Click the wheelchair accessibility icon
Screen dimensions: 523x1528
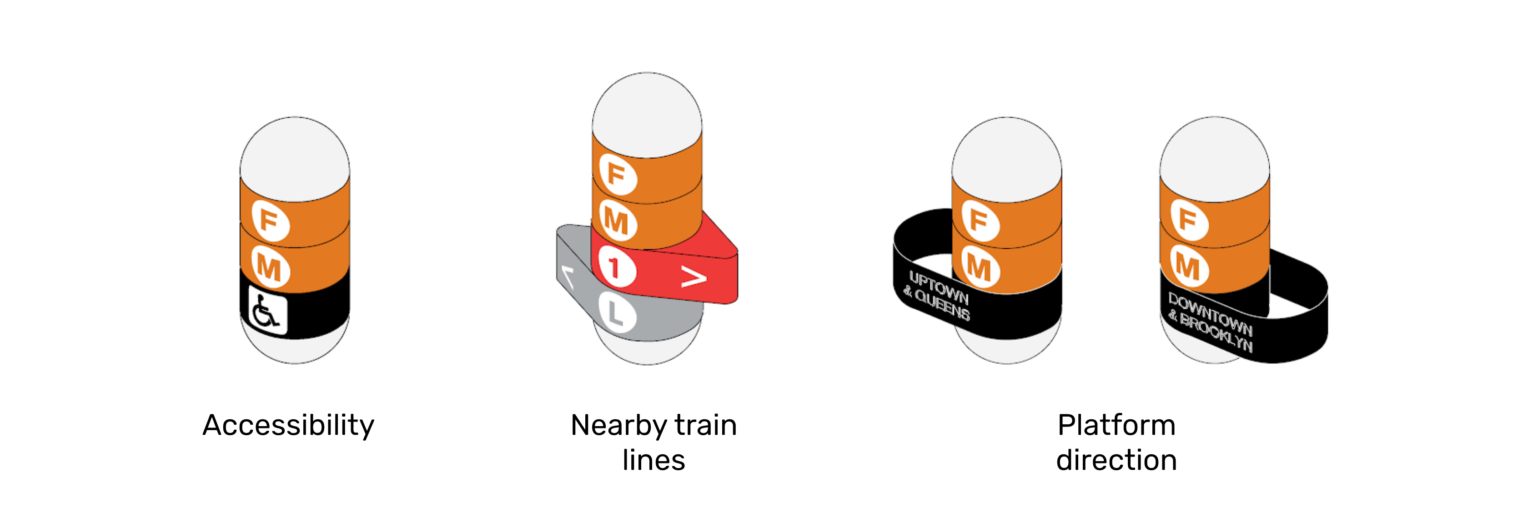coord(267,311)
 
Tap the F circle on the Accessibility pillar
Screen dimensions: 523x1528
coord(271,220)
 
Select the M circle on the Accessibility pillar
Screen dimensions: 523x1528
coord(271,268)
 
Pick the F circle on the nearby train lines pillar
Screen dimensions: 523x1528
coord(618,174)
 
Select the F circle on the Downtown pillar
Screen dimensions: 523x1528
coord(1189,219)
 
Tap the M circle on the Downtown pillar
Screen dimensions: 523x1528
coord(1189,267)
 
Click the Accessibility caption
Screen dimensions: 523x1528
coord(288,426)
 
